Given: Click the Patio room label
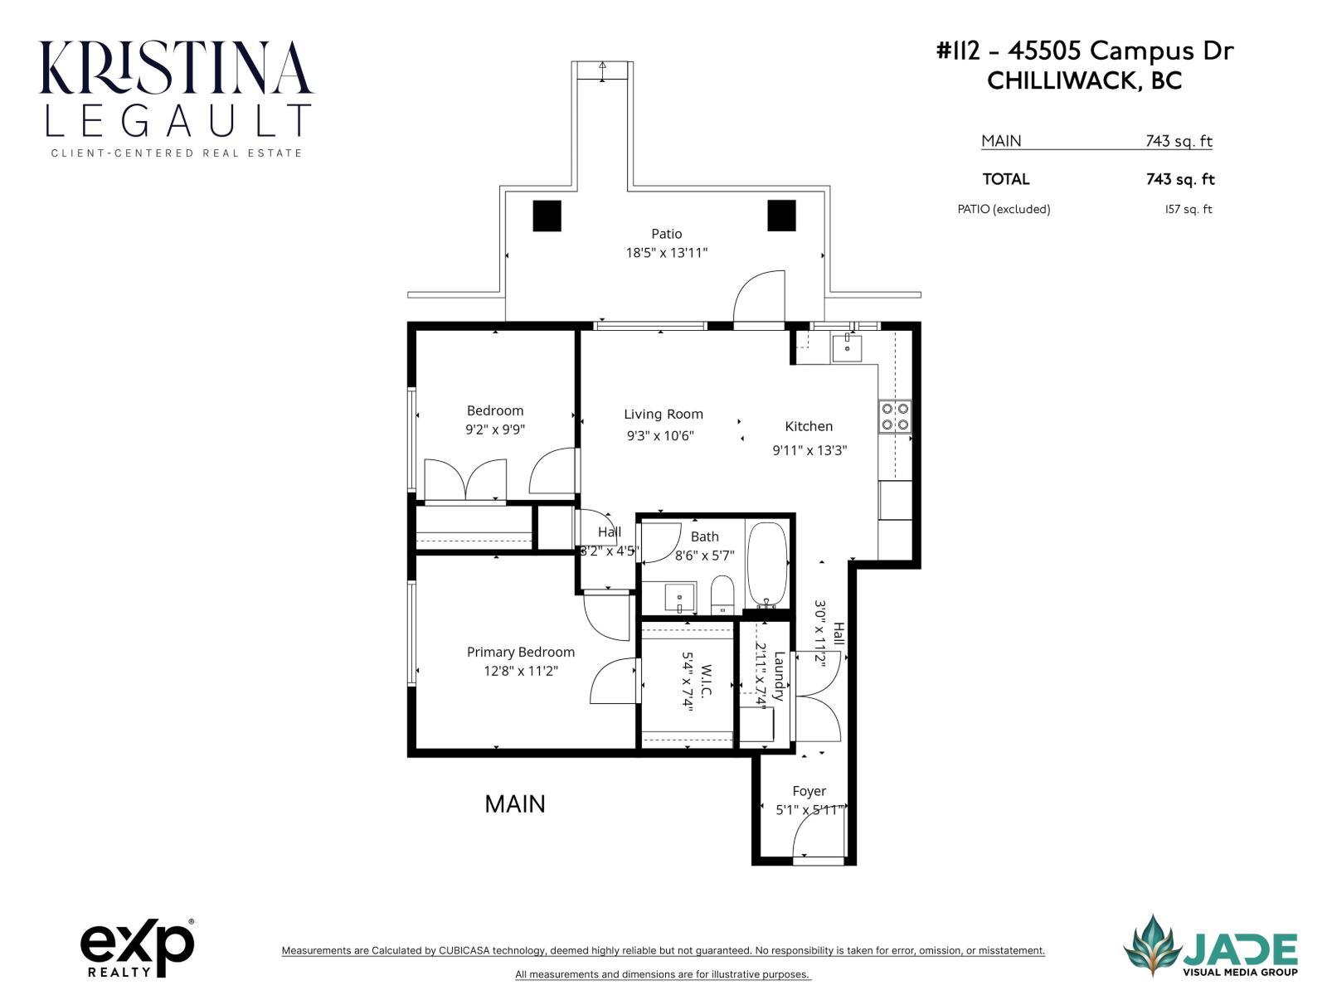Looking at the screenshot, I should [666, 234].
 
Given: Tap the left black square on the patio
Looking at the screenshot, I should [547, 216].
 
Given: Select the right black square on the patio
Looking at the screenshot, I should [781, 216].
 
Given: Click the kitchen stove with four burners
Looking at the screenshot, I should [895, 416].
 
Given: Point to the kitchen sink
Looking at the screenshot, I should [847, 348].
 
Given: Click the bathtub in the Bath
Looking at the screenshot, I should [768, 565].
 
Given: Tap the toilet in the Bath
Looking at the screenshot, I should [722, 595].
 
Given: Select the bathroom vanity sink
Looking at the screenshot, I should [679, 596].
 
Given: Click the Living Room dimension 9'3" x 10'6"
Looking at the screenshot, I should [660, 436].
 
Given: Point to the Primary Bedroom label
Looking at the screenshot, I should [520, 652].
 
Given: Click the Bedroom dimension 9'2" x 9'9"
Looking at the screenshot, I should [495, 430].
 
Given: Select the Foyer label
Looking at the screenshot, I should [809, 791].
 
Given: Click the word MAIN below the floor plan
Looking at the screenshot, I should [515, 803].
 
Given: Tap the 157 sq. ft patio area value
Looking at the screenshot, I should [1188, 209].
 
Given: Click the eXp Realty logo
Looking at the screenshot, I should [137, 948].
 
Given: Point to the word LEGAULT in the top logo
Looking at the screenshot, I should [177, 121].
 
